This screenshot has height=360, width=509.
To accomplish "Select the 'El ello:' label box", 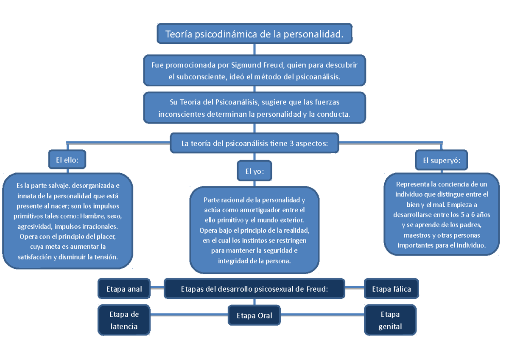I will coord(67,160).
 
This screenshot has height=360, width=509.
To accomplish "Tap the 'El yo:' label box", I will coord(255,172).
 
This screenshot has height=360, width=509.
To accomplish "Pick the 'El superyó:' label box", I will coord(442,160).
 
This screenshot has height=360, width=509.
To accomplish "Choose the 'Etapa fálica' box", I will coord(391,289).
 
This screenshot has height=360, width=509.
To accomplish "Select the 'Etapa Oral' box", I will coord(255,315).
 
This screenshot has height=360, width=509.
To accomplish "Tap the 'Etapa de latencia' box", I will coord(124,320).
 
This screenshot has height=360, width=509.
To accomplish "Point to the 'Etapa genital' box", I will coord(390,320).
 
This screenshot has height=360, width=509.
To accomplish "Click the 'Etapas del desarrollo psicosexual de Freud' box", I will coord(255,289).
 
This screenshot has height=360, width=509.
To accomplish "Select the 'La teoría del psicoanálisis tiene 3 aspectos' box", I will coord(255,143).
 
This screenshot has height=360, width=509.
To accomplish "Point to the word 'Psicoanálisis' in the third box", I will coord(235,102).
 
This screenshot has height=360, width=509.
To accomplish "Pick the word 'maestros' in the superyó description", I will coord(416,235).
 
